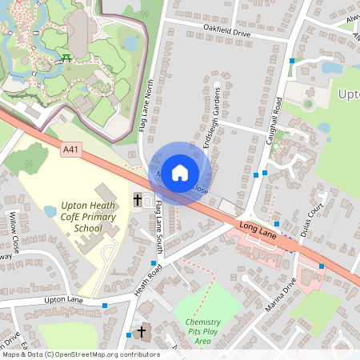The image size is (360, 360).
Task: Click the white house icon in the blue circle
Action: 180,172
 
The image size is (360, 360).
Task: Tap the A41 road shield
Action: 70,148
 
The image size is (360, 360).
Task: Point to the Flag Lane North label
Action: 148,105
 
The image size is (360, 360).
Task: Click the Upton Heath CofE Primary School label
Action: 82,216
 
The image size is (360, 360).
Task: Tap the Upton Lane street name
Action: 65,299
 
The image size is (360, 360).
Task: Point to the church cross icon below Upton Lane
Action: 142,331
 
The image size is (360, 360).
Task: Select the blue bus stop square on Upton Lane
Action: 105,305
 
